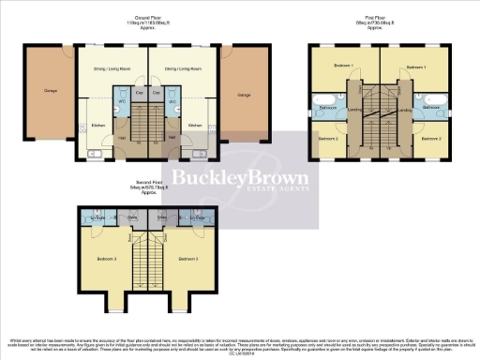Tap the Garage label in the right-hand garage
[244, 95]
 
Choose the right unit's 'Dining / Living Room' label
[183, 69]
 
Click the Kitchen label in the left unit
[98, 124]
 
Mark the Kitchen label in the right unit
[195, 124]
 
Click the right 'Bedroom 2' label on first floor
[429, 139]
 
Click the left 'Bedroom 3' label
[109, 257]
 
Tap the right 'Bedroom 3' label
[187, 257]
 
